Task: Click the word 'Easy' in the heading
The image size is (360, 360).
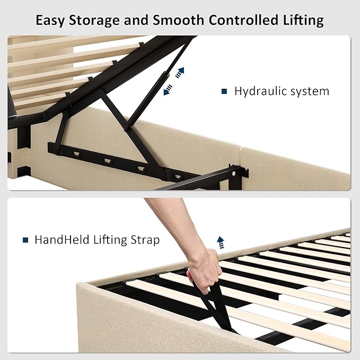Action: tap(50, 20)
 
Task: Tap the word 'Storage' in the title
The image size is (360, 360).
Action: tap(94, 21)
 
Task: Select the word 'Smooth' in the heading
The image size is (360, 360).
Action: tap(178, 20)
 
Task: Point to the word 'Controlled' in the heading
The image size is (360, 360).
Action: tap(243, 20)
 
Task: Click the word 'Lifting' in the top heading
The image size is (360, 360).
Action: tap(303, 21)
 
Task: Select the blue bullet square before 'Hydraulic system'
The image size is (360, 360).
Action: tap(224, 91)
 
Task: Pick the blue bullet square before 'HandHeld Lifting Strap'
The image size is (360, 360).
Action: tap(25, 240)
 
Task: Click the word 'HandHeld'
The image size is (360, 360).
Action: tap(62, 240)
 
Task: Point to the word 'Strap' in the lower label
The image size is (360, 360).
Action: tap(145, 240)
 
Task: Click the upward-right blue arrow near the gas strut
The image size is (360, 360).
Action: tap(180, 73)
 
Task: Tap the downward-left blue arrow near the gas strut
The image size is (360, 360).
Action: tap(168, 90)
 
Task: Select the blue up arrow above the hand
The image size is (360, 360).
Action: tap(221, 242)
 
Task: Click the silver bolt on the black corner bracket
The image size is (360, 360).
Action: tap(234, 174)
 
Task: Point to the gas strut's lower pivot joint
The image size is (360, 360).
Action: tap(127, 128)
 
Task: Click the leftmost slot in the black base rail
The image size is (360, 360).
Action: tap(76, 153)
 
